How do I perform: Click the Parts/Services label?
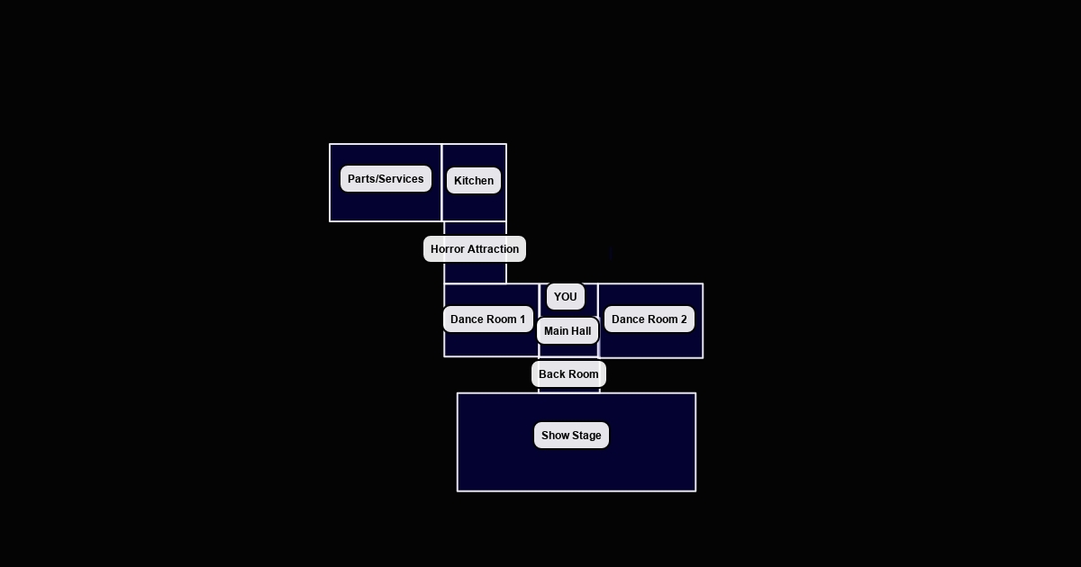tap(386, 179)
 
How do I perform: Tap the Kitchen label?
tap(474, 181)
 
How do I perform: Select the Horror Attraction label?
tap(475, 249)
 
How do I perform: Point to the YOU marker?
tap(566, 297)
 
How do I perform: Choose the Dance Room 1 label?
tap(487, 319)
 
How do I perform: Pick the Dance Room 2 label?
tap(649, 319)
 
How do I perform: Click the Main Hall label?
tap(568, 331)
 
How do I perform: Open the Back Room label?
tap(568, 374)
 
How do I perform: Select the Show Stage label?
tap(571, 436)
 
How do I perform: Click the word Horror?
tap(448, 249)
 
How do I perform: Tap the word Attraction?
tap(494, 249)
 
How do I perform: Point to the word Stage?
tap(586, 436)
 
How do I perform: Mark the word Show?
tap(554, 436)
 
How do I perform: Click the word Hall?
tap(581, 331)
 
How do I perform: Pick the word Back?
tap(551, 374)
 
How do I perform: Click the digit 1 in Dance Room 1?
tap(522, 319)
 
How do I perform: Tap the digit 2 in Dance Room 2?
tap(683, 319)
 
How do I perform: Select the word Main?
tap(556, 331)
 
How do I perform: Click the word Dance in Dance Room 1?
tap(467, 319)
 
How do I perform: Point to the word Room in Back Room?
tap(583, 374)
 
